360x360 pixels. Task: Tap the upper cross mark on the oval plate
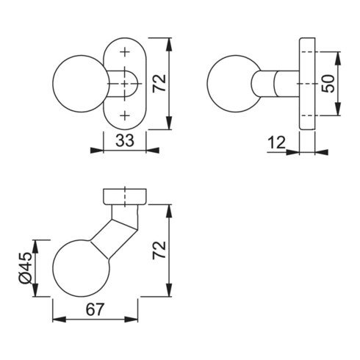pos(126,52)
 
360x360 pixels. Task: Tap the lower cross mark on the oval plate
pos(126,114)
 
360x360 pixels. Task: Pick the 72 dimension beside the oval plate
pos(159,82)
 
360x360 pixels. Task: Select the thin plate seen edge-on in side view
pos(306,83)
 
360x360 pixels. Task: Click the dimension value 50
pos(331,83)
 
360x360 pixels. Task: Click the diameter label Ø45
pos(24,268)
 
